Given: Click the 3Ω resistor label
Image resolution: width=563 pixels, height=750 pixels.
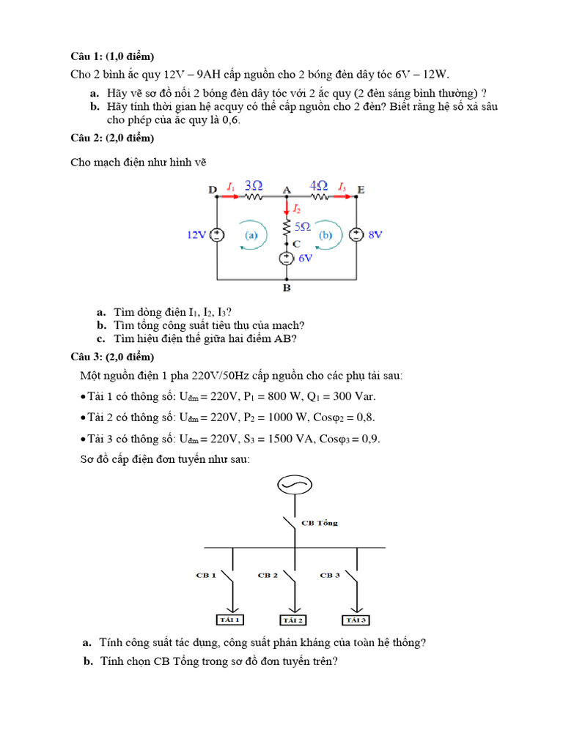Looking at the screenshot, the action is click(x=254, y=186).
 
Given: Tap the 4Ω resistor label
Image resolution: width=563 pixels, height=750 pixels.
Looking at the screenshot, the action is click(x=319, y=186).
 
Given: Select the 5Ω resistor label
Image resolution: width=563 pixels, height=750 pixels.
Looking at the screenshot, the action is click(x=303, y=228).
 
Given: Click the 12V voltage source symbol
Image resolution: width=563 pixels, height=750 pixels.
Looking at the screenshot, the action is click(x=217, y=235).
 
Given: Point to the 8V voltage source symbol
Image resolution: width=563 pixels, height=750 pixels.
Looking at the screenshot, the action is click(x=356, y=235).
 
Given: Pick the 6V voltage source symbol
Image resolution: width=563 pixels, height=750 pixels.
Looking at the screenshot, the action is click(x=286, y=259).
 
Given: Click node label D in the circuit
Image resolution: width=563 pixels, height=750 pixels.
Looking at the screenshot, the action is click(x=212, y=190).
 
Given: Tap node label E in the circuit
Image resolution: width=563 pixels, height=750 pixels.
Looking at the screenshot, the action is click(x=361, y=190).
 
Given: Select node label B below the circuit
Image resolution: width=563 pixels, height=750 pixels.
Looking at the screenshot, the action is click(x=287, y=288).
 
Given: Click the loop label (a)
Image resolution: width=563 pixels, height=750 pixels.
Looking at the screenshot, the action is click(x=251, y=236).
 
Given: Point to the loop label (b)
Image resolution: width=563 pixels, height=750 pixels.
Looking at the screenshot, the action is click(x=325, y=236).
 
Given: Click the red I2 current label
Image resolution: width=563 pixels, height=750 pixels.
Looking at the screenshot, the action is click(x=297, y=209).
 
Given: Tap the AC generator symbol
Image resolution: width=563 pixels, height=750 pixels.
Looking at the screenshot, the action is click(x=295, y=486).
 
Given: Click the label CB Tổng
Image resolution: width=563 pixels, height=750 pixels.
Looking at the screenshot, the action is click(x=320, y=523).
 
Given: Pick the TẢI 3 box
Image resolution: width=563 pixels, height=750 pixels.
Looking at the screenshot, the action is click(x=356, y=620).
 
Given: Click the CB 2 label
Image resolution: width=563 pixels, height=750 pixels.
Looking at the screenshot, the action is click(x=267, y=575).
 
